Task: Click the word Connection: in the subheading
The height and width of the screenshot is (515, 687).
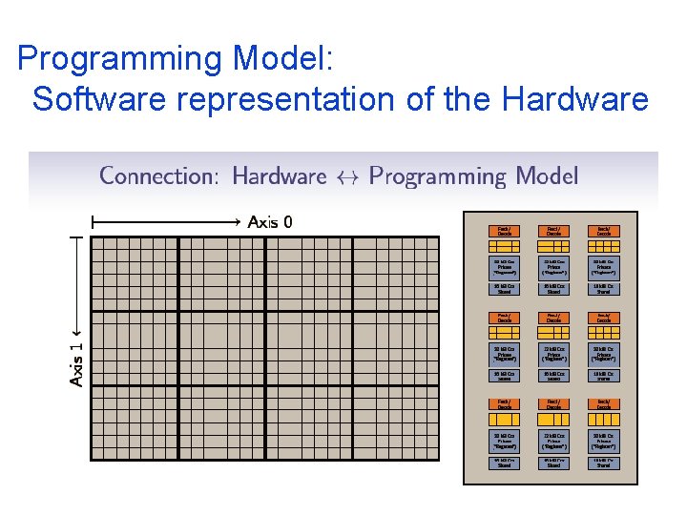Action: [x=160, y=175]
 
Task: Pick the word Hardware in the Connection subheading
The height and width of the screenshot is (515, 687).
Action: [x=279, y=175]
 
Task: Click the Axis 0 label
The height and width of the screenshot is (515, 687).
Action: [x=270, y=222]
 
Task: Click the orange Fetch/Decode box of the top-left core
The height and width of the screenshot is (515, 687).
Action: [x=504, y=231]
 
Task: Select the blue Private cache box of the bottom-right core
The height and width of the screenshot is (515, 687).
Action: [x=604, y=442]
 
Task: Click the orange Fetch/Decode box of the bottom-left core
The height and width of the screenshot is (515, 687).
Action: [x=504, y=404]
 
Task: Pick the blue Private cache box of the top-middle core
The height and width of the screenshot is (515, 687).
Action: [x=553, y=264]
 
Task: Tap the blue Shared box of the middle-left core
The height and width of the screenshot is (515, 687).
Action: [x=504, y=377]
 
